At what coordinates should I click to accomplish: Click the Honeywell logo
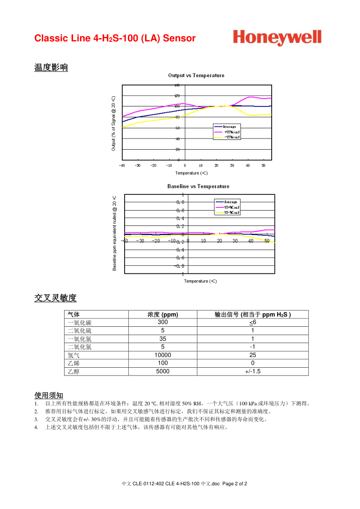click(277, 37)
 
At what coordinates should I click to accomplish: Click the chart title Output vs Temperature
click(196, 75)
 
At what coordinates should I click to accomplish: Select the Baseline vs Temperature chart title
click(198, 186)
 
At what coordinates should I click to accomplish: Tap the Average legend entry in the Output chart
click(229, 126)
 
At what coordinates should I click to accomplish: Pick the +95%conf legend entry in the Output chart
click(231, 132)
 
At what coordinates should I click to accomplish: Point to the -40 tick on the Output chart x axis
click(122, 165)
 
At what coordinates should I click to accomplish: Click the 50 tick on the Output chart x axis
click(263, 165)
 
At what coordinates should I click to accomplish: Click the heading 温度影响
click(51, 67)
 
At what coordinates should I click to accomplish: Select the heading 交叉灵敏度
click(55, 298)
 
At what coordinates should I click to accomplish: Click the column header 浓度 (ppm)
click(162, 315)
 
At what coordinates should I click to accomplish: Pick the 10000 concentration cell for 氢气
click(162, 355)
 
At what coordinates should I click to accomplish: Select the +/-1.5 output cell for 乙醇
click(253, 371)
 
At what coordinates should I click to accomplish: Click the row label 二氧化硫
click(80, 331)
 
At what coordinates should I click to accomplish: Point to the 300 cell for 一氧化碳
click(162, 323)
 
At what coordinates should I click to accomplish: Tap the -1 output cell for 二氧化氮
click(253, 347)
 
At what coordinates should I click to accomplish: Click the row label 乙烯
click(73, 363)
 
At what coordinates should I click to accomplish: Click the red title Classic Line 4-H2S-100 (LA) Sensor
click(115, 38)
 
